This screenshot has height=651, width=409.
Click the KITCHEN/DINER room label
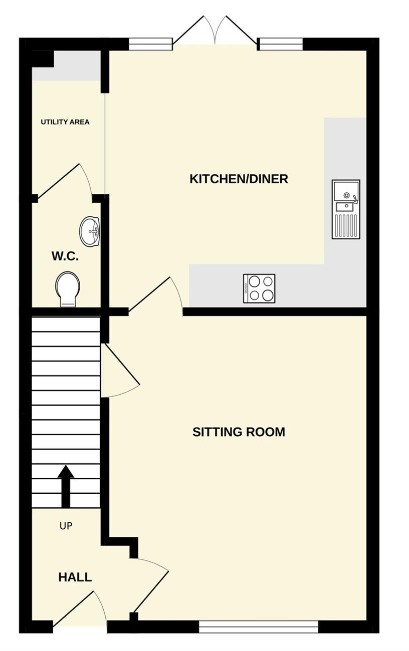point(239,179)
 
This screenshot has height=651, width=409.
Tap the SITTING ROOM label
point(239,432)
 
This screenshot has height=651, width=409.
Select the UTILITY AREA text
point(65,122)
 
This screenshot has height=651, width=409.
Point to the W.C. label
point(65,256)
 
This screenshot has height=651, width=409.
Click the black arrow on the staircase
point(66,486)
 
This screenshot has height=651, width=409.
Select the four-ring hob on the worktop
point(259,288)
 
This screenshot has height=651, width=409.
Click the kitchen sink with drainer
point(346,209)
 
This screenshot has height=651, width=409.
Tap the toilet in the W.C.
point(68,289)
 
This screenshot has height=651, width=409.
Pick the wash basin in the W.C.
point(90,232)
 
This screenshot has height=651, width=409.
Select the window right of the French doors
point(281,45)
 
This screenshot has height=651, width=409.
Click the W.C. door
point(65,182)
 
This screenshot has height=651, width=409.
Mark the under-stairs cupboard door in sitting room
point(120,370)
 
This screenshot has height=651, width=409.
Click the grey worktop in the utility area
point(66,66)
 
